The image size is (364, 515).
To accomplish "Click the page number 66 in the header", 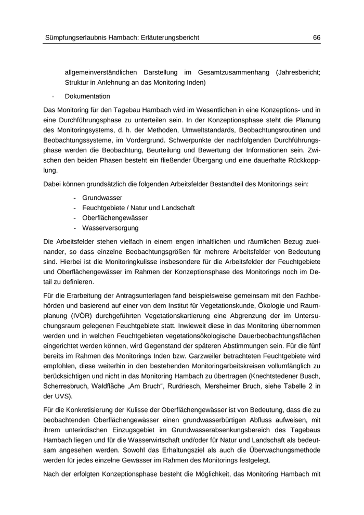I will [x=316, y=37].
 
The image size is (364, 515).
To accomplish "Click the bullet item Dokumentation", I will [x=87, y=96].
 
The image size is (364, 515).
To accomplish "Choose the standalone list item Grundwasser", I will [x=102, y=198].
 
